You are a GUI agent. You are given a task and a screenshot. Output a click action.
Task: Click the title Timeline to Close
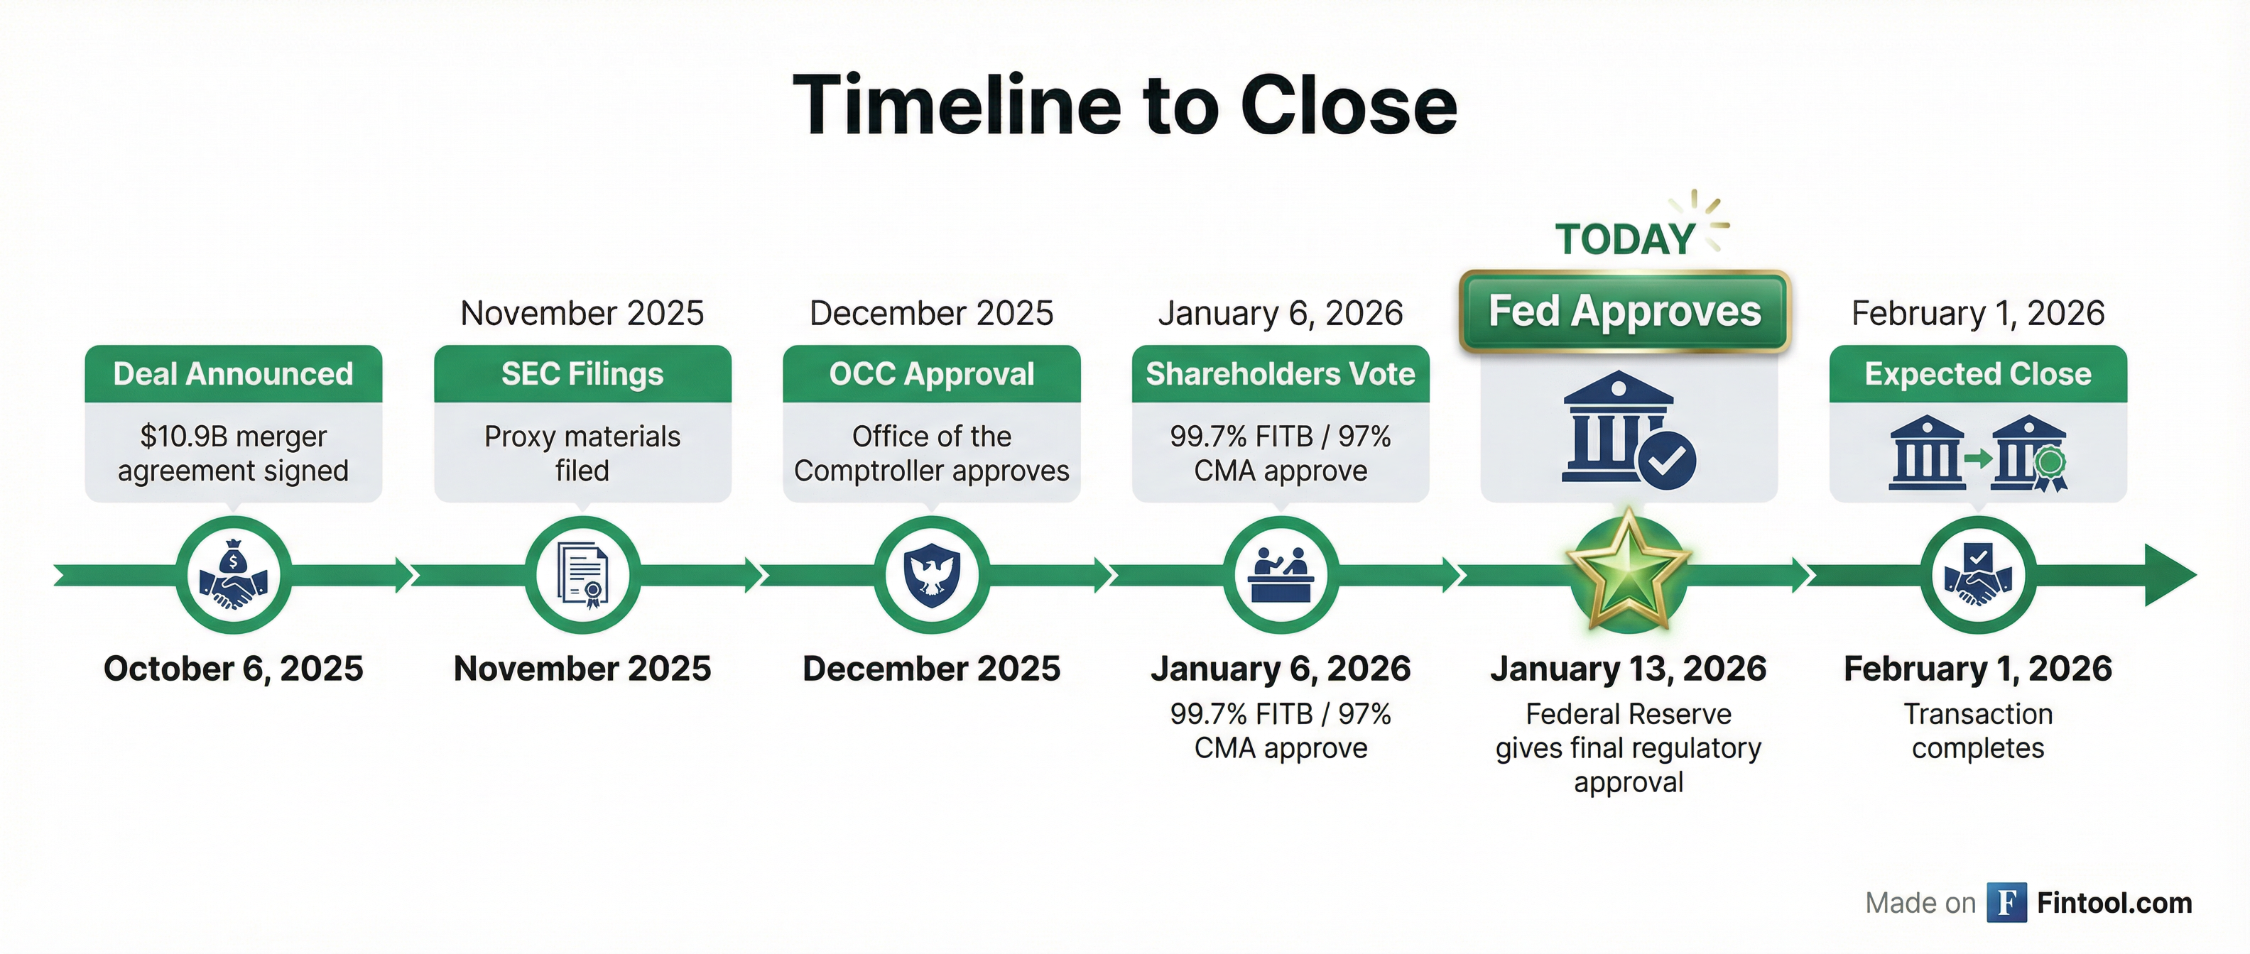pos(1125,106)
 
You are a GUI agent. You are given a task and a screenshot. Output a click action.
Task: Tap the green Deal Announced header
pos(233,373)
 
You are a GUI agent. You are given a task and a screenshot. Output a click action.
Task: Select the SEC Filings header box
pos(582,373)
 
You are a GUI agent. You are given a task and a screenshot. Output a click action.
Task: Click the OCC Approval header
pos(931,373)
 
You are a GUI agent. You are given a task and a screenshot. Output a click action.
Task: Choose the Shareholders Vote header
pos(1281,373)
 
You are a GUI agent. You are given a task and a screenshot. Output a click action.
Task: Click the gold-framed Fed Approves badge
pos(1624,312)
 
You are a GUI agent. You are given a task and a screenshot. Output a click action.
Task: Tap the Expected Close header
pos(1979,373)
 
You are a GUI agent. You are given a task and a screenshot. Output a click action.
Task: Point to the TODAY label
pos(1624,239)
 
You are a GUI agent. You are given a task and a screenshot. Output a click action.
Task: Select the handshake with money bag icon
pos(233,574)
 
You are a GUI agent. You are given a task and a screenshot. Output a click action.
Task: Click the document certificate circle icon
pos(582,574)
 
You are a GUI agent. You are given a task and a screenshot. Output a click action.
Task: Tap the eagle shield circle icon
pos(931,574)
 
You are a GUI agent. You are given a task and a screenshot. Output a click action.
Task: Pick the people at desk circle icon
pos(1281,574)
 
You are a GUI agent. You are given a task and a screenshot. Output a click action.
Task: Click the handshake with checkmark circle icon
pos(1979,574)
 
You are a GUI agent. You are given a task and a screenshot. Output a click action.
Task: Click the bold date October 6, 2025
pos(233,669)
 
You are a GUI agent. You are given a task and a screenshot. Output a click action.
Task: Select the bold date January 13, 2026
pos(1628,669)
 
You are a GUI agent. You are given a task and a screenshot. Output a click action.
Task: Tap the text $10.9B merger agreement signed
pos(233,453)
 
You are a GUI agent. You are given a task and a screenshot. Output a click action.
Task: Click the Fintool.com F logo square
pos(2006,902)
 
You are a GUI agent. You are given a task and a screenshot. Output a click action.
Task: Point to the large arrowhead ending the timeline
pos(2170,574)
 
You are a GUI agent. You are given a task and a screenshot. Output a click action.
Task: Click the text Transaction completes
pos(1979,730)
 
